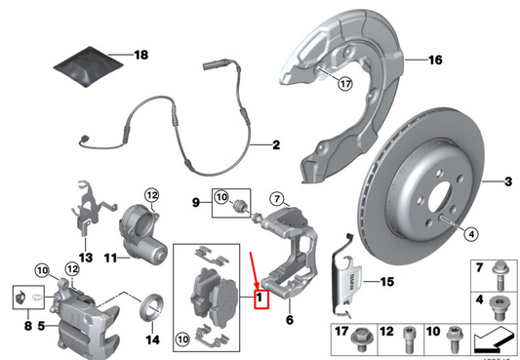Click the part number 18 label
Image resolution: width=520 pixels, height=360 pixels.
point(140,56)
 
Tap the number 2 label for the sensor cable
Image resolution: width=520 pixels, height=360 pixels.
point(275,145)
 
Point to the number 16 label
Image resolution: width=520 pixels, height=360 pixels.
point(434,60)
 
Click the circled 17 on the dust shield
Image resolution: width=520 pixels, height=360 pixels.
point(343,84)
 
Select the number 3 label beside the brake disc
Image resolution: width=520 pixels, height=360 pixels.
point(507,180)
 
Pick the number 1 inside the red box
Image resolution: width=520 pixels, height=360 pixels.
point(260,295)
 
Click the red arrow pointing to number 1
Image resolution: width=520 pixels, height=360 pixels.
point(255,268)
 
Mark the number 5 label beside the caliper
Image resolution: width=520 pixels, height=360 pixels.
point(41,326)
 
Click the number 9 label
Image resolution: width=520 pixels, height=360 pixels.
point(195,203)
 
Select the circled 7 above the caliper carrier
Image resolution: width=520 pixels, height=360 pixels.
point(275,200)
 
